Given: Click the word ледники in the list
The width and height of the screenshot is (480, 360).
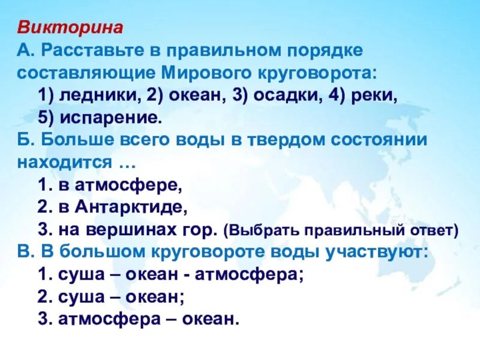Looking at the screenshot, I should click(x=104, y=95).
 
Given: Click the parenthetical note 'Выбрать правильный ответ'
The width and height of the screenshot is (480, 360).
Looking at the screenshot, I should click(x=341, y=230).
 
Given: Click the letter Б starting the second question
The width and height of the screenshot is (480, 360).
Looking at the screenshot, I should click(x=23, y=140).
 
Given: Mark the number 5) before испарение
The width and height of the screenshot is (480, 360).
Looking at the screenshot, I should click(x=46, y=117).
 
